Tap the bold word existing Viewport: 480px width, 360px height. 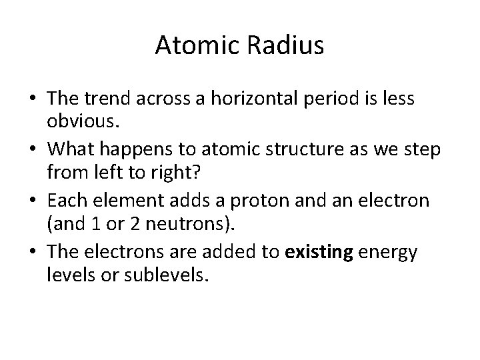point(318,251)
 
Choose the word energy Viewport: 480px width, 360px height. point(388,251)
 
